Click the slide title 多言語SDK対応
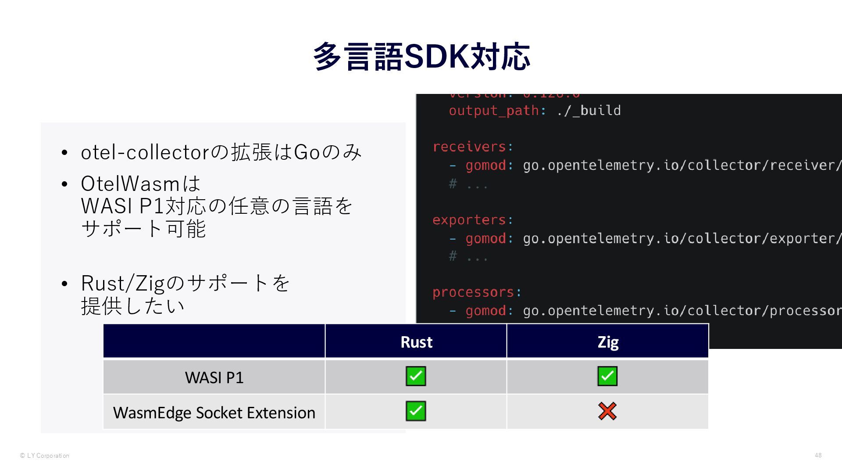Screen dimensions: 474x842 (x=421, y=57)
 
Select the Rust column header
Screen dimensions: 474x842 (x=416, y=342)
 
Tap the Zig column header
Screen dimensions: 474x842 (x=608, y=342)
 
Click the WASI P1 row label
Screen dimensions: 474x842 (x=214, y=377)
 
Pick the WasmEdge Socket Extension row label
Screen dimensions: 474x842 (x=214, y=413)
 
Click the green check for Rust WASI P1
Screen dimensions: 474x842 (x=416, y=376)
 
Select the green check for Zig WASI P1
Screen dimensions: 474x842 (x=607, y=376)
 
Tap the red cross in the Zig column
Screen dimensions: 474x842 (x=607, y=411)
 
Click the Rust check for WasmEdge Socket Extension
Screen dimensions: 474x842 (x=416, y=411)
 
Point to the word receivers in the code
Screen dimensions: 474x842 (x=469, y=147)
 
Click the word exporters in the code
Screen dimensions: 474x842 (x=469, y=219)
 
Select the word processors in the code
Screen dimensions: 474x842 (x=473, y=292)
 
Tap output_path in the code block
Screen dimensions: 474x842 (x=494, y=111)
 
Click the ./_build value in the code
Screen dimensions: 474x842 (x=589, y=111)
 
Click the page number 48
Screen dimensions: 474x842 (x=818, y=455)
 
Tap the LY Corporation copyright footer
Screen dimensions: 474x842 (x=45, y=456)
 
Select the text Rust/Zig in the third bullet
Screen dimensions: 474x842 (x=122, y=284)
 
